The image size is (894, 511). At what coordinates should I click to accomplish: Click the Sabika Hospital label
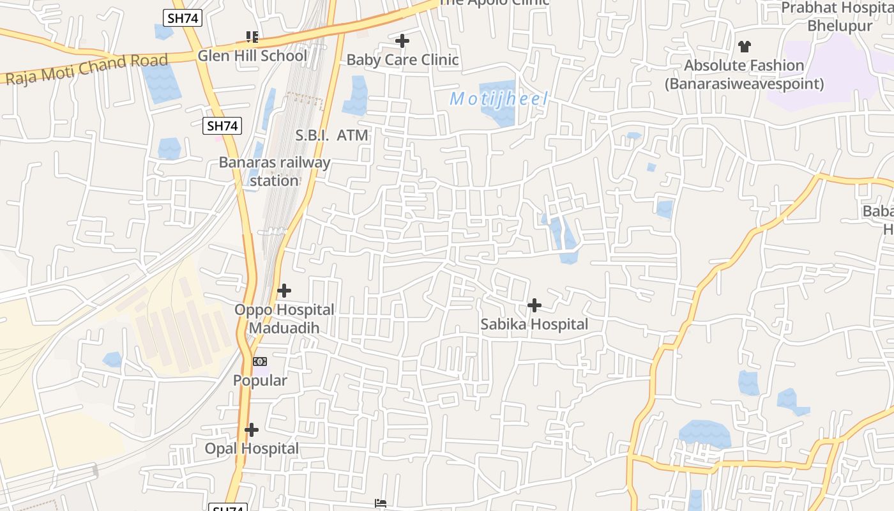(534, 324)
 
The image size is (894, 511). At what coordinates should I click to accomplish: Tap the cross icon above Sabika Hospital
(534, 305)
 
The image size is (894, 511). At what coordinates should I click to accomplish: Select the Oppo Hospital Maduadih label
(284, 319)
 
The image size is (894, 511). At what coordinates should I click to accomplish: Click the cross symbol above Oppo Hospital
(284, 291)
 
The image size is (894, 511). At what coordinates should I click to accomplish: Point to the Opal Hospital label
(252, 448)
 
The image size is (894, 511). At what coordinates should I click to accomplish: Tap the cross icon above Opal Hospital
(252, 429)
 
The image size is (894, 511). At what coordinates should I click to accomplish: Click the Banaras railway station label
(275, 171)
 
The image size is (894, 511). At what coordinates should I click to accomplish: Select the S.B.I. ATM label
(331, 135)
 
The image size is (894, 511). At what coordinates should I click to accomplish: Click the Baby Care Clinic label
(402, 60)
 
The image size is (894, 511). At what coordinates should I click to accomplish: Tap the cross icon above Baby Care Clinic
(402, 42)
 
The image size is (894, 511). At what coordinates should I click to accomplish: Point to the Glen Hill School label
(252, 56)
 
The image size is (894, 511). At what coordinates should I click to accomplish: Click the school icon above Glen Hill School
(252, 37)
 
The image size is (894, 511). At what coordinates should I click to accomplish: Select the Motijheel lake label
(499, 99)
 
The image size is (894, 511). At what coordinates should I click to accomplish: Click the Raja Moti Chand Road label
(87, 70)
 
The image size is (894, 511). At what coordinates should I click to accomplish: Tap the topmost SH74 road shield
(183, 19)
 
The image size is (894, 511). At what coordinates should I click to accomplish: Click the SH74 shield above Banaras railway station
(223, 126)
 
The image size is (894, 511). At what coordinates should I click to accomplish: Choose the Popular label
(260, 381)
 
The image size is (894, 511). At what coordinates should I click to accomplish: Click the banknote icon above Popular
(260, 362)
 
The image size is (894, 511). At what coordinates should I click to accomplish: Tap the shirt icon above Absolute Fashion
(745, 46)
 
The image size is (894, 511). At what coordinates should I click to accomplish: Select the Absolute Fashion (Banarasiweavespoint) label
(745, 74)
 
